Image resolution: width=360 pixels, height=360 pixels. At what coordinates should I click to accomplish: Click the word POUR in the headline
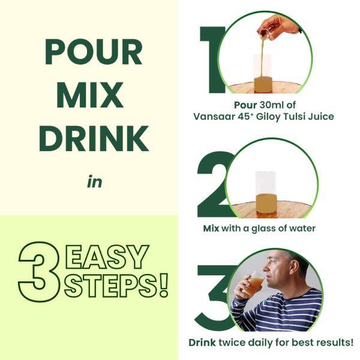(x=94, y=54)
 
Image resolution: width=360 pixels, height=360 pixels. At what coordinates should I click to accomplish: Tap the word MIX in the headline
(x=94, y=96)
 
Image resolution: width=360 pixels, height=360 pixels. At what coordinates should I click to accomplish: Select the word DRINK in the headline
(x=94, y=139)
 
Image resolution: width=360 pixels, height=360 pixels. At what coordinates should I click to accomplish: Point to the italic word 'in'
(x=94, y=181)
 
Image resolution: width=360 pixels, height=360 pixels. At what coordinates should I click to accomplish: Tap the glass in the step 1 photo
(x=262, y=74)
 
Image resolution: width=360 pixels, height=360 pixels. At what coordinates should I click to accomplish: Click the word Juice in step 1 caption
(x=320, y=116)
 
